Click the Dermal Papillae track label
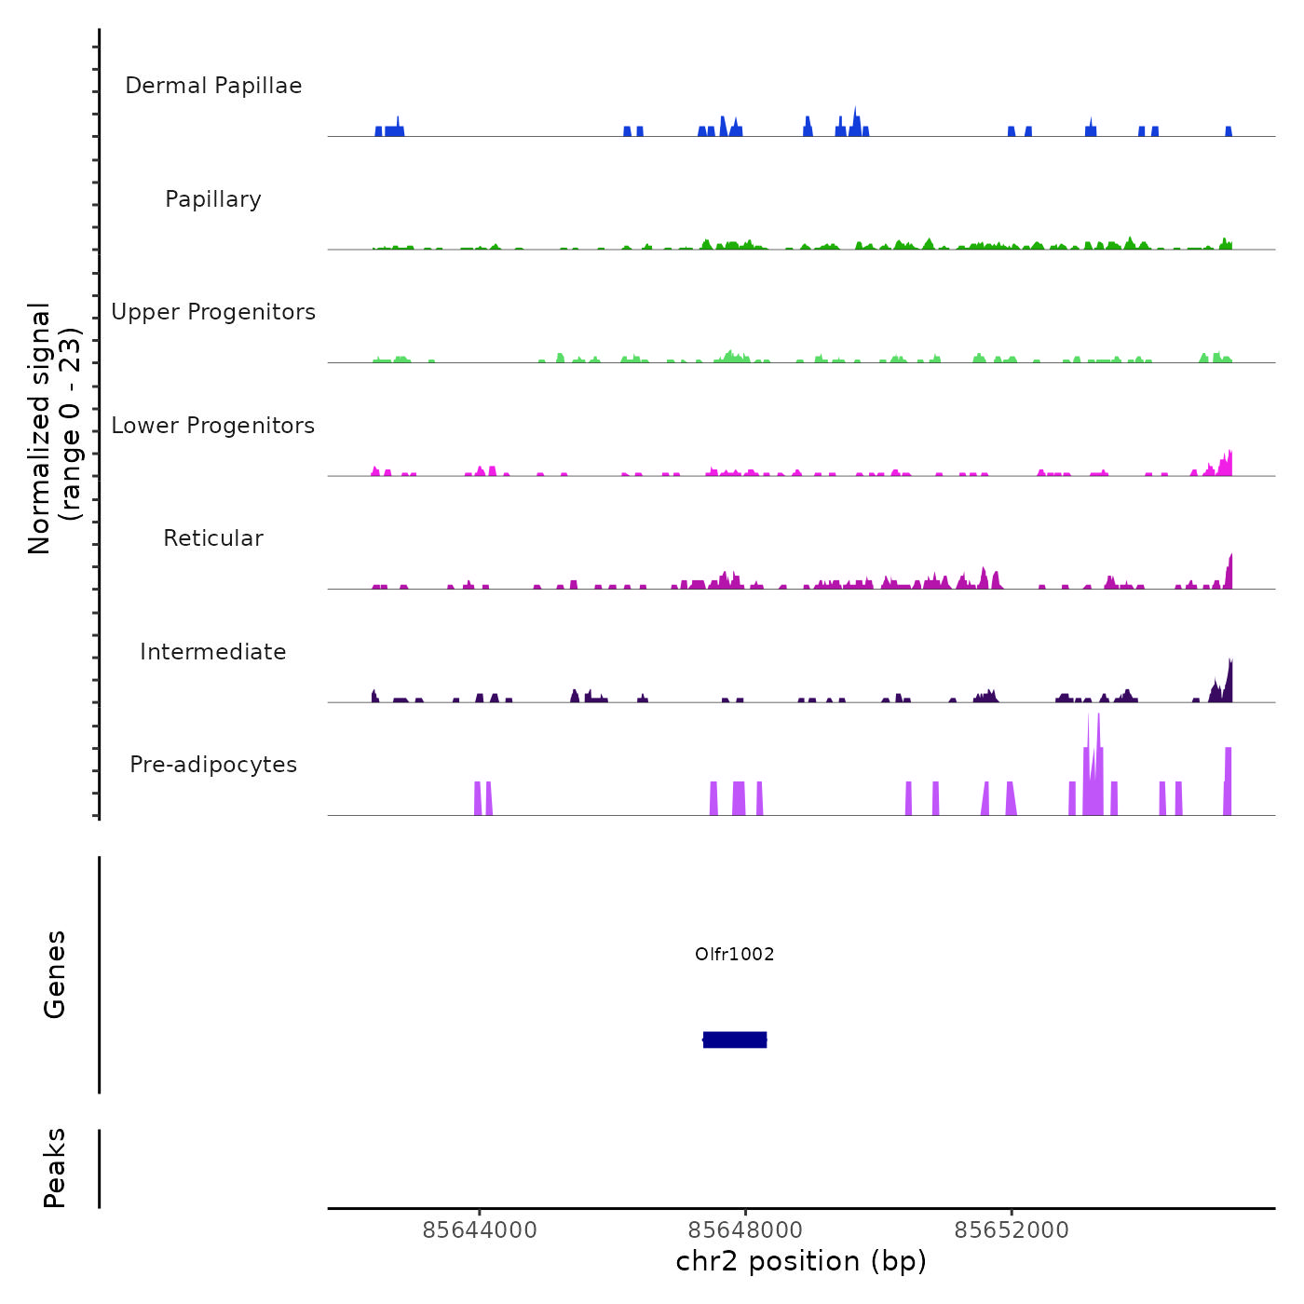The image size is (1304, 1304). pyautogui.click(x=213, y=86)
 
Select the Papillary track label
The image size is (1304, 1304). pyautogui.click(x=213, y=199)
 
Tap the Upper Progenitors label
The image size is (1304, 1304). pyautogui.click(x=213, y=312)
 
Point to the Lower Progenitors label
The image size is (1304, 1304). pyautogui.click(x=213, y=426)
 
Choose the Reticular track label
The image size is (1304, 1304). pyautogui.click(x=213, y=538)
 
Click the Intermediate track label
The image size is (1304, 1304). pyautogui.click(x=213, y=652)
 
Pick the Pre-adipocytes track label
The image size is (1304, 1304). pyautogui.click(x=213, y=765)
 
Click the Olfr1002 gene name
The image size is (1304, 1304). pyautogui.click(x=735, y=954)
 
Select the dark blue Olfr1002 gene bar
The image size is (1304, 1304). pyautogui.click(x=735, y=1039)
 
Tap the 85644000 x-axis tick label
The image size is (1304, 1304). pyautogui.click(x=480, y=1230)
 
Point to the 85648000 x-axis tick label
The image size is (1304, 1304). pyautogui.click(x=746, y=1230)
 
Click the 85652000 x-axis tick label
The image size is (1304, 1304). pyautogui.click(x=1012, y=1230)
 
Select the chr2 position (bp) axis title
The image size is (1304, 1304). pyautogui.click(x=801, y=1261)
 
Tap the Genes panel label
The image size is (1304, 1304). pyautogui.click(x=55, y=974)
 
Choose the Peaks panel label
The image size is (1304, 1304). pyautogui.click(x=55, y=1168)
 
